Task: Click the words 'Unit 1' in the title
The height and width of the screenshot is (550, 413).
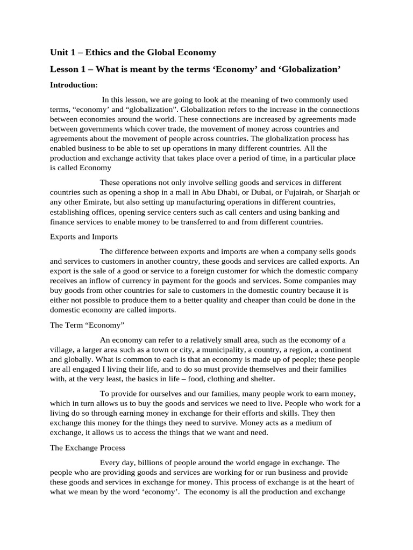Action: pyautogui.click(x=62, y=52)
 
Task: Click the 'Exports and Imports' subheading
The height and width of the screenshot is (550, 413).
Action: pyautogui.click(x=84, y=236)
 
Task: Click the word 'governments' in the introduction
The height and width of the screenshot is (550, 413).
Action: pyautogui.click(x=108, y=129)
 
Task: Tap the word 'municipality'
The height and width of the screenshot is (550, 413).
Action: pyautogui.click(x=196, y=350)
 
